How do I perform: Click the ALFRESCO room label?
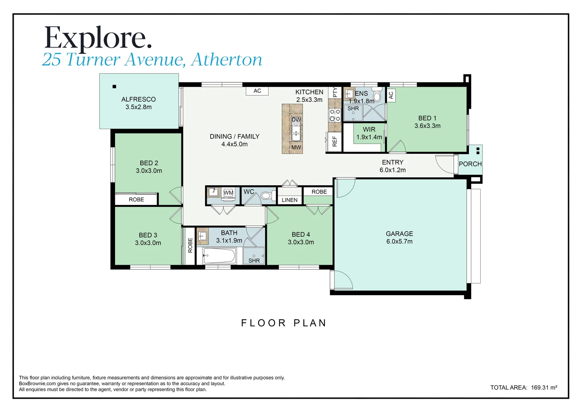(138, 99)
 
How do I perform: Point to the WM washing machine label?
(228, 193)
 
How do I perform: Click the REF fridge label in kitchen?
(335, 142)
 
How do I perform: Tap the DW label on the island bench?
(296, 120)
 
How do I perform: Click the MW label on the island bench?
(296, 147)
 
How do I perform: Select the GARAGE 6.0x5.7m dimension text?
(399, 241)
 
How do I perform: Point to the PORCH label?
(470, 164)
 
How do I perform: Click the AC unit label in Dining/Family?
(257, 91)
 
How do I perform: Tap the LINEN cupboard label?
(289, 200)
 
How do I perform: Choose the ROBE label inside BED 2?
(136, 200)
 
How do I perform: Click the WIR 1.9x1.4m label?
(369, 133)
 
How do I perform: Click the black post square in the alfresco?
(114, 87)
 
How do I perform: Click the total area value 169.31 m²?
(544, 388)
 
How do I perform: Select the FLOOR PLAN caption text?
(284, 323)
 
